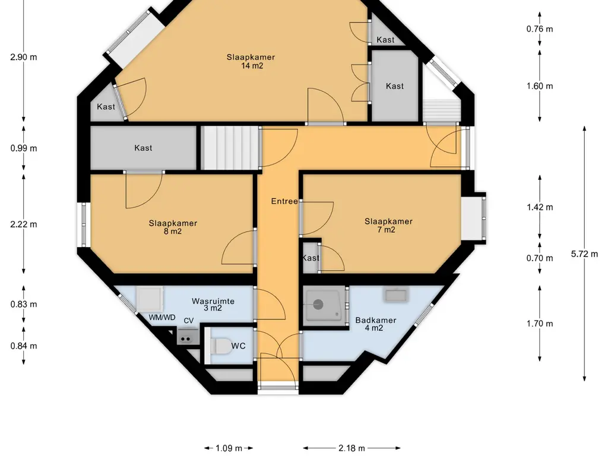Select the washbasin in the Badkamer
395,294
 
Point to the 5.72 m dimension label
584,254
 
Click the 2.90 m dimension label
24,57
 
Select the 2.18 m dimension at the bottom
351,448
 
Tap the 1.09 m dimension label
229,448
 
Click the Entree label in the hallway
284,201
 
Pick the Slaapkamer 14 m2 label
251,61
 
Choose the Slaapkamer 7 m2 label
388,225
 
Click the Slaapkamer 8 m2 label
173,227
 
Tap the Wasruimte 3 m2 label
213,305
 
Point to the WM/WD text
162,318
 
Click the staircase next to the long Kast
231,148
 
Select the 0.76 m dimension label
540,29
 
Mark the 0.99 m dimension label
24,148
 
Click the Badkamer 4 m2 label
376,324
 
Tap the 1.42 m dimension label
540,207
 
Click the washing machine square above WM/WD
150,299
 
